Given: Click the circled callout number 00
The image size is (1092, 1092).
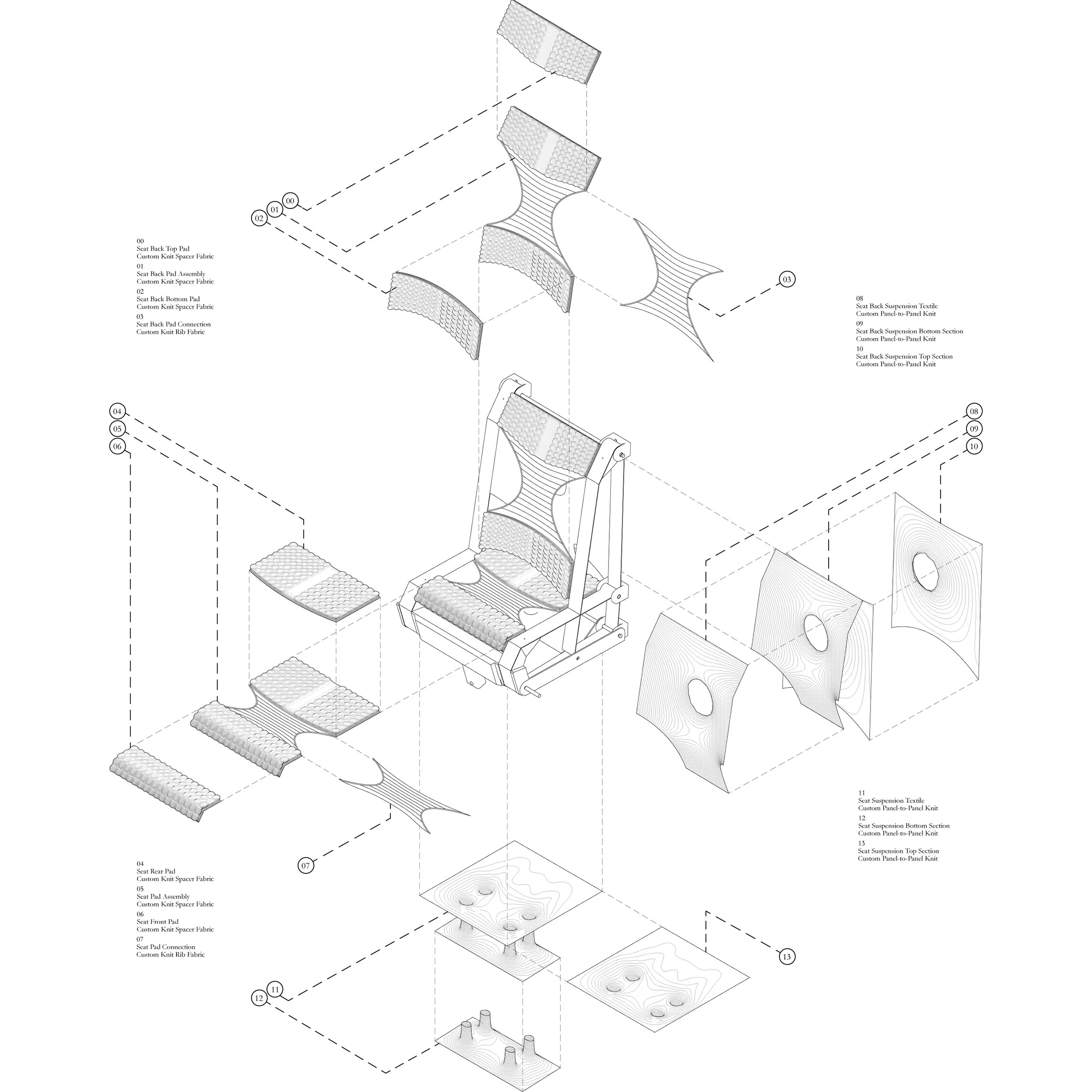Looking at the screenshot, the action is pos(290,200).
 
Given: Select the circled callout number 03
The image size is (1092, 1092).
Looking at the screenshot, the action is pos(787,279).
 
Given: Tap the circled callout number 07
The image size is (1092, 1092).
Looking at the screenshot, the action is pos(306,865).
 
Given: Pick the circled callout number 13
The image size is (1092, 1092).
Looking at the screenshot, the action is pos(787,957).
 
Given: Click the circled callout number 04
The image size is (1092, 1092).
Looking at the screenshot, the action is pos(117,411).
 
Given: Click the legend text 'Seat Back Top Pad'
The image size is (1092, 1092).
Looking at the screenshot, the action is pos(163,249).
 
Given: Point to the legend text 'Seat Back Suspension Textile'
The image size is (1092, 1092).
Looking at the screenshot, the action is pos(896,306).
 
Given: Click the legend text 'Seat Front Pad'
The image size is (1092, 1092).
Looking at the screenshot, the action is pos(157,921).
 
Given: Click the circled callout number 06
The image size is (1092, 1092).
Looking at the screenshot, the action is pos(117,446).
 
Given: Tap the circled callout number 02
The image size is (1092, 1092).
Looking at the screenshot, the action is pos(259,218).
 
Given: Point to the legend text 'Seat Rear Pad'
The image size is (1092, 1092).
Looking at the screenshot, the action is pos(156,871).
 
